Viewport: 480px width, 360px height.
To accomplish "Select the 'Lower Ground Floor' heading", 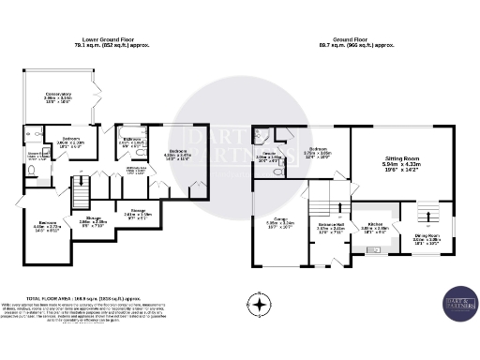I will pos(112,39).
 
